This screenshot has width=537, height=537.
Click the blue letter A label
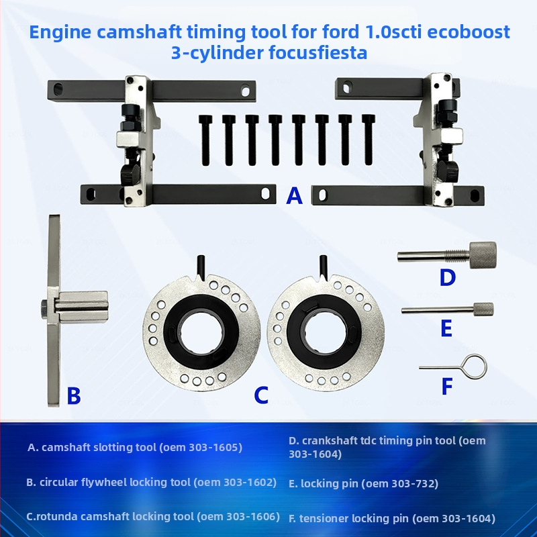[x=294, y=195]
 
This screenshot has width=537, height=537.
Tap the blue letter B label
[x=73, y=395]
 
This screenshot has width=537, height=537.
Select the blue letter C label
[x=260, y=395]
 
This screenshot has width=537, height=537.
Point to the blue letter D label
[x=447, y=277]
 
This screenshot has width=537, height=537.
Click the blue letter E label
[x=445, y=328]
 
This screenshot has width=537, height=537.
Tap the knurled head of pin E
[x=483, y=309]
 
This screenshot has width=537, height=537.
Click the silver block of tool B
[x=81, y=306]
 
